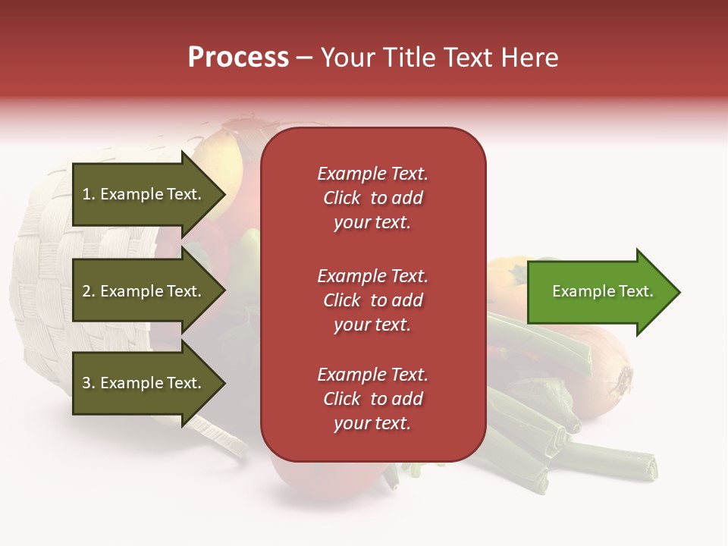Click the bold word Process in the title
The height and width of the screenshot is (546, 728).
238,58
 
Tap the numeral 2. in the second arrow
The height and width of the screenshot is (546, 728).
89,291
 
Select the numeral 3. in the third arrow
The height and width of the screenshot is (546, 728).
89,383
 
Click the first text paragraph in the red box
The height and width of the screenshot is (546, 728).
372,198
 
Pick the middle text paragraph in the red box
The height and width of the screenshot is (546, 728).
372,300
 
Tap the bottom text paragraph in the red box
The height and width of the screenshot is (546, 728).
372,399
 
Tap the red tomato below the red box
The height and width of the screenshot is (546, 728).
326,478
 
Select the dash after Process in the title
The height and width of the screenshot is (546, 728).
305,58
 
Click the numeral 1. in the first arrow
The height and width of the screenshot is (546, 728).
88,194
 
